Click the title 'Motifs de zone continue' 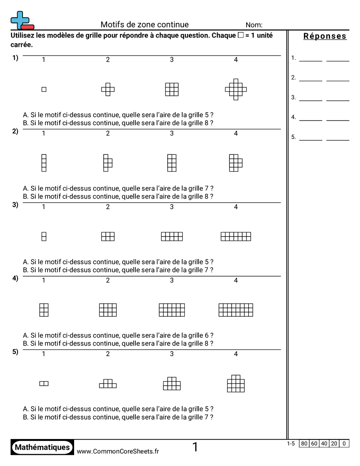[144, 25]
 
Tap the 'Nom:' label [254, 25]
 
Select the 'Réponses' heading [325, 36]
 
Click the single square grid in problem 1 [44, 90]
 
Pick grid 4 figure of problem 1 [236, 90]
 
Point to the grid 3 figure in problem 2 [172, 163]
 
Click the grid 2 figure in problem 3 [108, 237]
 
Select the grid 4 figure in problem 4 [236, 310]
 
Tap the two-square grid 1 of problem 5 [44, 383]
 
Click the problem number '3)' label [15, 205]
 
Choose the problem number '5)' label [15, 352]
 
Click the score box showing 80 [304, 443]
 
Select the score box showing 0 [344, 443]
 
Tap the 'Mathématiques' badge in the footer [42, 447]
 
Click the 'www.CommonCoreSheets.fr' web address [118, 451]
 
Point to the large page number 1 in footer [195, 447]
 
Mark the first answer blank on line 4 [311, 120]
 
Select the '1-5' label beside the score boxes [291, 443]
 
